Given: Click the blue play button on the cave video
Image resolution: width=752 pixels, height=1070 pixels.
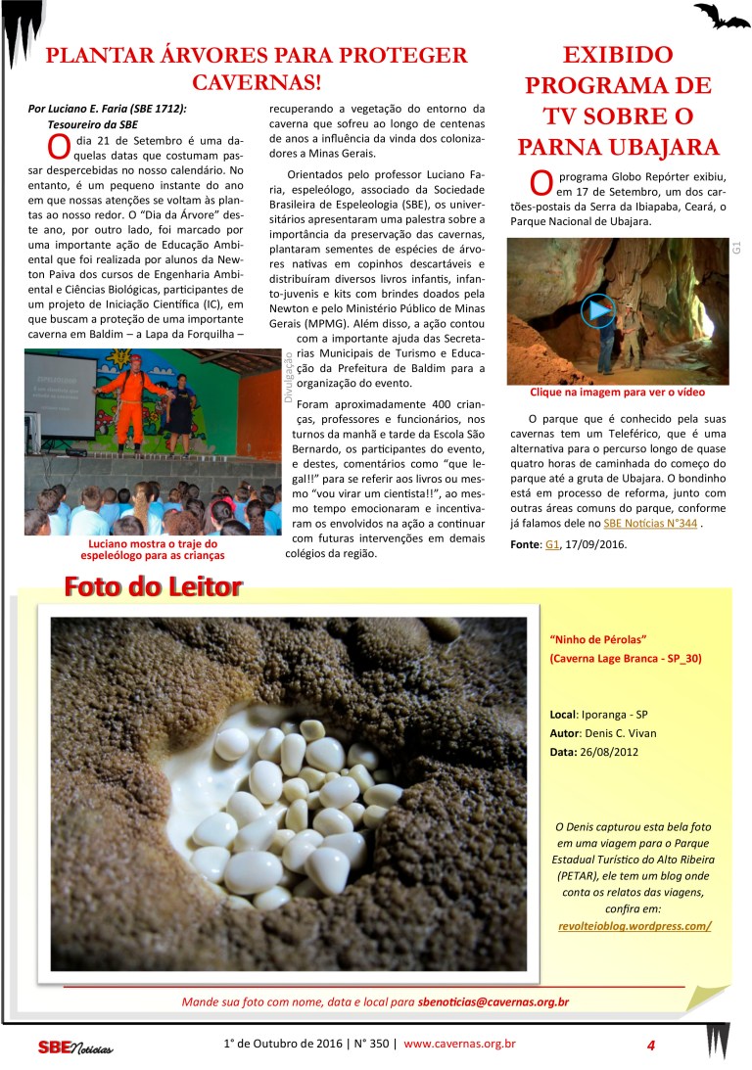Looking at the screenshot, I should point(598,311).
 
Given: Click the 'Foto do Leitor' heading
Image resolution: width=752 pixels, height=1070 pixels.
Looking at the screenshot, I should point(153,587).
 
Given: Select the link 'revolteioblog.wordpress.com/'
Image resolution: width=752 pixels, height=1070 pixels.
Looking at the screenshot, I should point(632,925).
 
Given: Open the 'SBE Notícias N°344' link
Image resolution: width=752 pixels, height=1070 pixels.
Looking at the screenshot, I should point(650,524).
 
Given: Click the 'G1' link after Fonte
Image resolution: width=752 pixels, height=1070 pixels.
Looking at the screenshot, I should point(552,543).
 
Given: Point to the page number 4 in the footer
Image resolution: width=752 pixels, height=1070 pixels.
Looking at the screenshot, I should point(650,1045).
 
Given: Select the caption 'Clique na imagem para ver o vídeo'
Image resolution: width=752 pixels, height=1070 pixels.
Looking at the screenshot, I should point(617,393).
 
